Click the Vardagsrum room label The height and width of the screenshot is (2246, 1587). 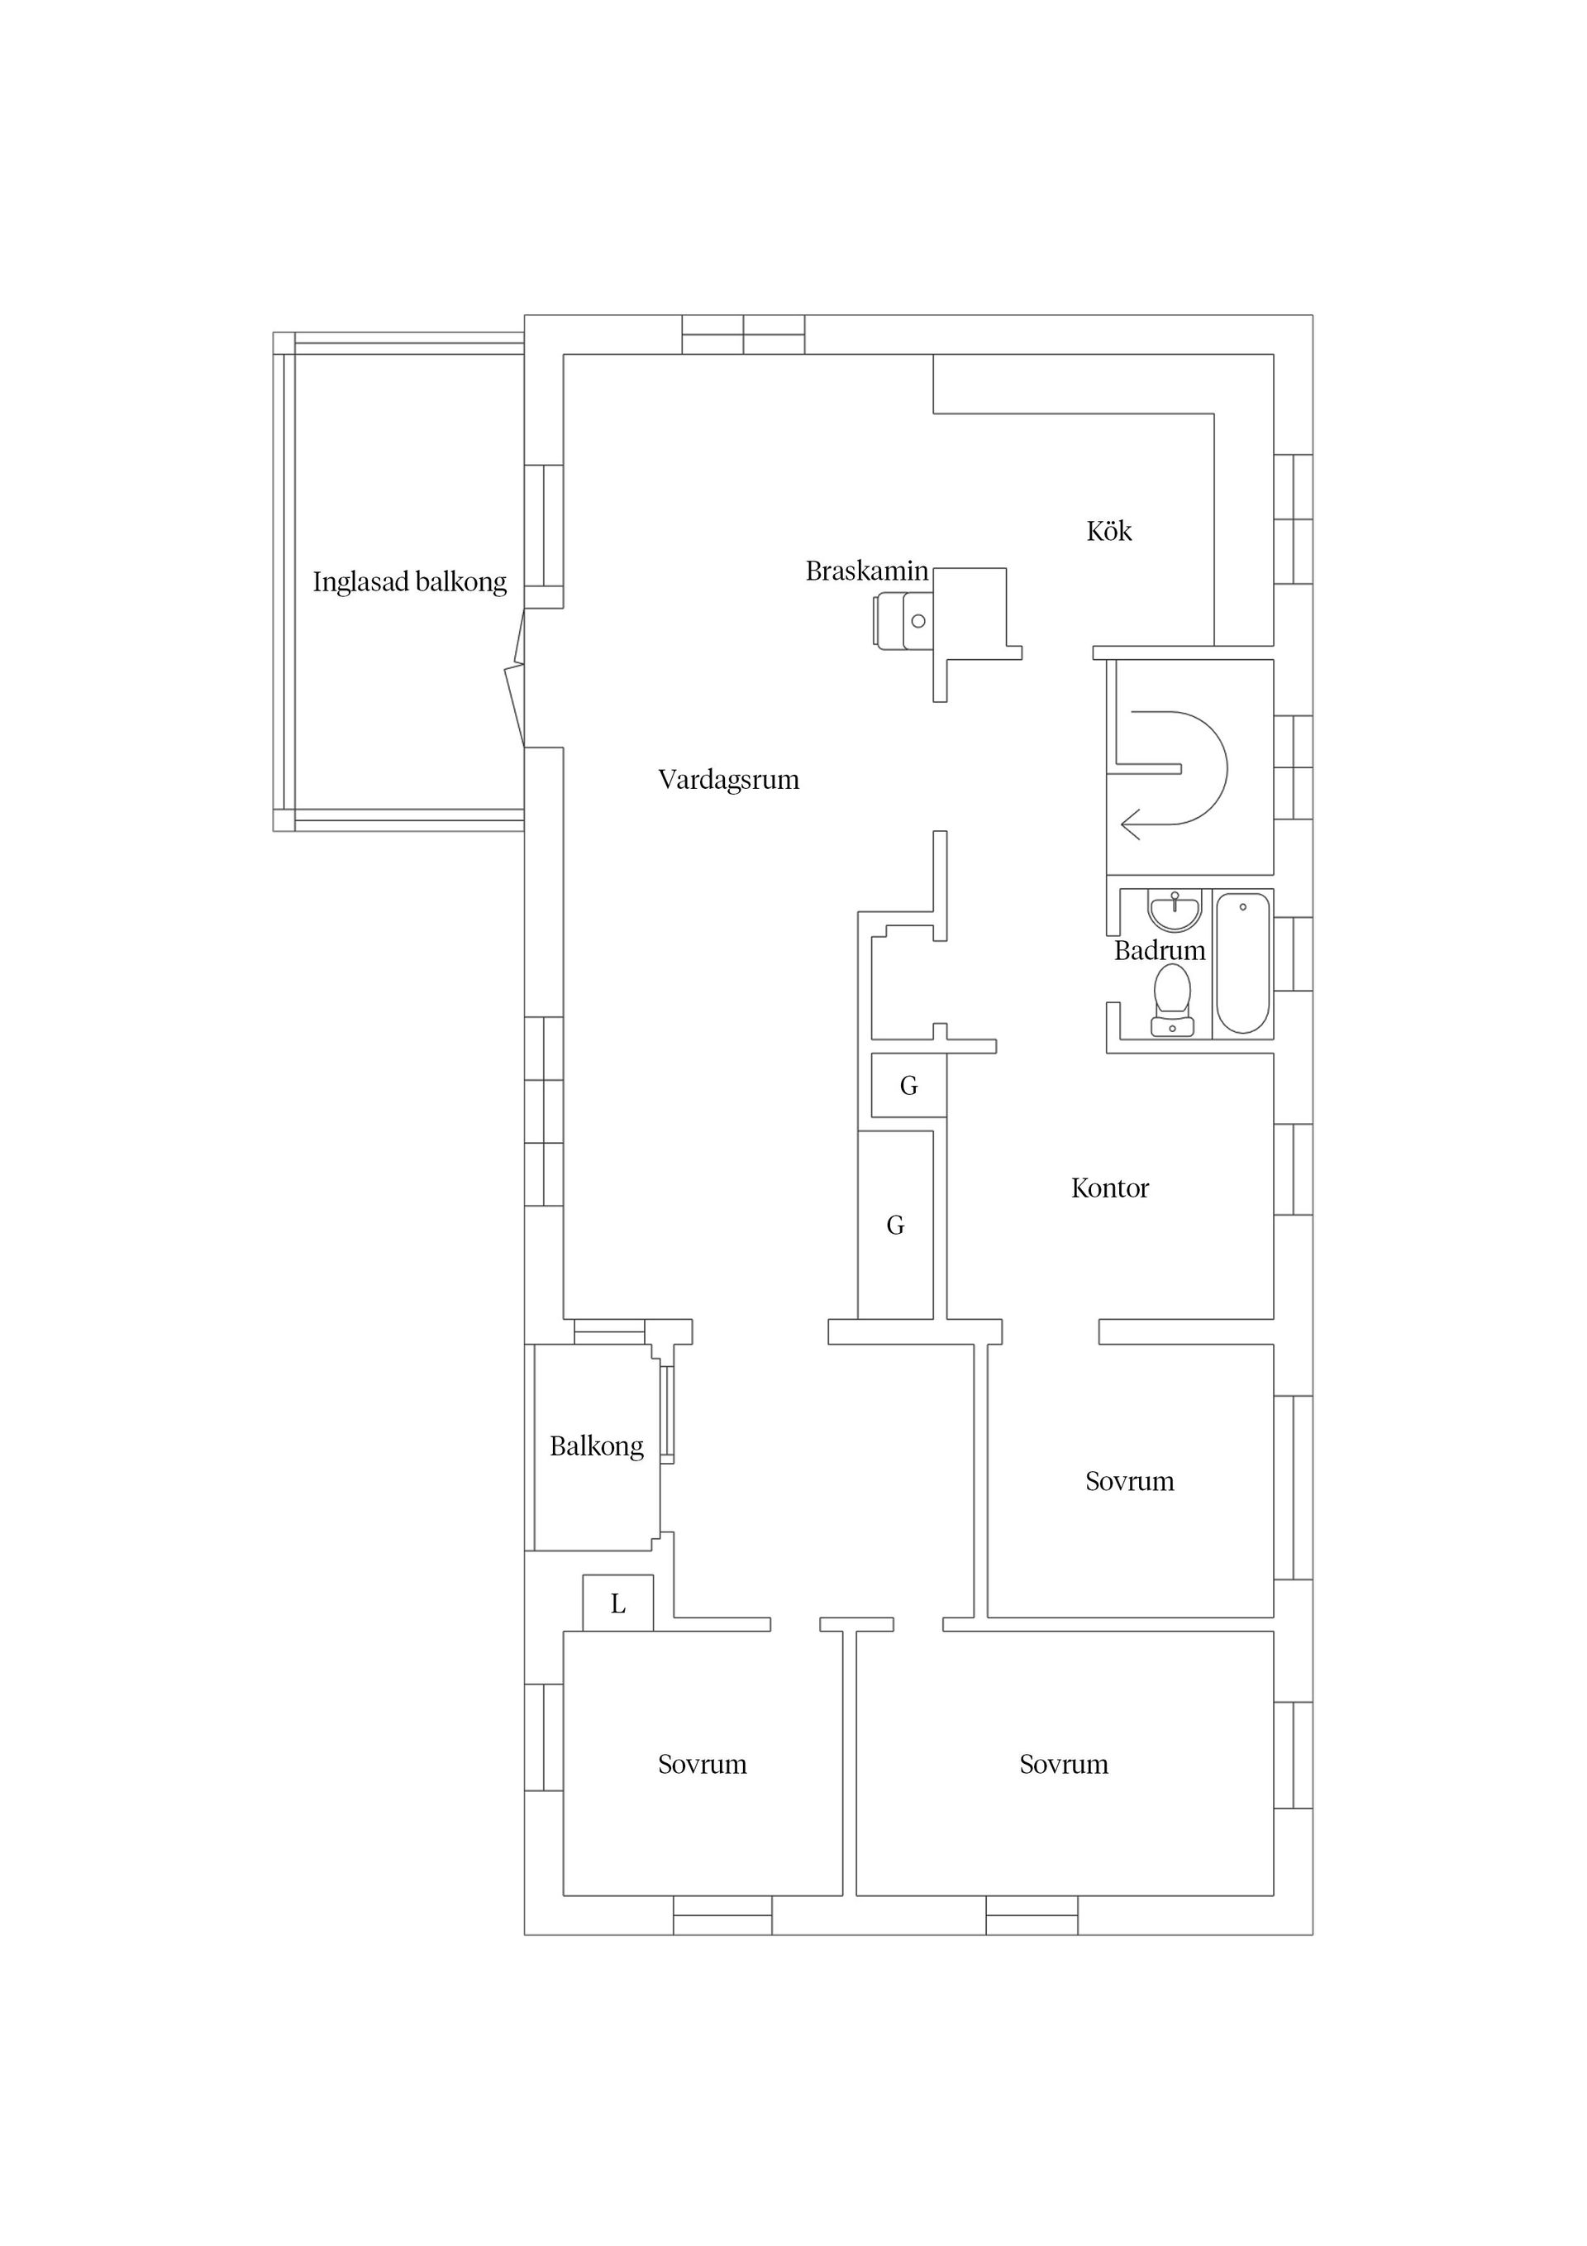point(728,780)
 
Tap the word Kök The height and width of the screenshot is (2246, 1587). point(1109,531)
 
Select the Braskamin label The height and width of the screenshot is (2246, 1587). point(866,571)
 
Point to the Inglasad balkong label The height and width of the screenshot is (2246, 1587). point(410,582)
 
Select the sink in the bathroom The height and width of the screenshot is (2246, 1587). point(1174,910)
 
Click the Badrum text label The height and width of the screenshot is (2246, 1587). point(1160,951)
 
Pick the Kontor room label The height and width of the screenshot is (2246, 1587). point(1110,1188)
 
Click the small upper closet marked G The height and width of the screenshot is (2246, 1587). point(908,1085)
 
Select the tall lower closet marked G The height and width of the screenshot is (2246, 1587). point(894,1225)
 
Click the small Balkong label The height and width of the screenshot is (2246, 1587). point(597,1446)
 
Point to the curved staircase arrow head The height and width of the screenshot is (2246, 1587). point(1128,824)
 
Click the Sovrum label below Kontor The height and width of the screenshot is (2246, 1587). point(1129,1481)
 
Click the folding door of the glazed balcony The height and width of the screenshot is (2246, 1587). point(514,678)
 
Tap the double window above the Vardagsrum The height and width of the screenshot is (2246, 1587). point(743,335)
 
